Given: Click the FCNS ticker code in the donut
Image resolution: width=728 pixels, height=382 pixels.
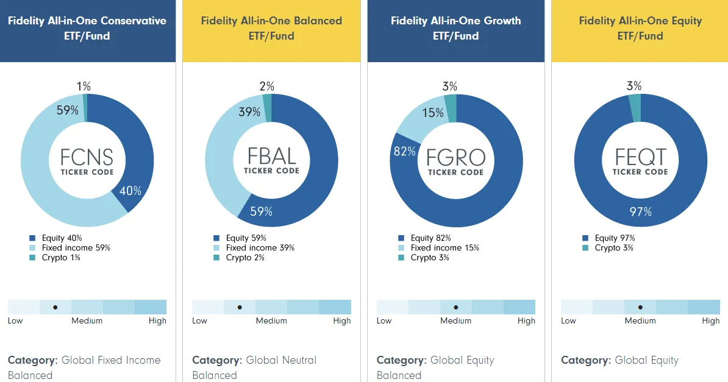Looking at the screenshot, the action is click(87, 157).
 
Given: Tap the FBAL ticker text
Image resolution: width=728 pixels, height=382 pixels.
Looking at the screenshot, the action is click(271, 157).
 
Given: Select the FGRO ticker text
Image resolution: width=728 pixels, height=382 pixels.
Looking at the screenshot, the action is click(456, 158).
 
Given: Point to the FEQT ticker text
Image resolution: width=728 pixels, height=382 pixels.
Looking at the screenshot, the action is click(640, 157).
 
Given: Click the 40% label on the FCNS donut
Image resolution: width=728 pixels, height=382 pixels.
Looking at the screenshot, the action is click(130, 191).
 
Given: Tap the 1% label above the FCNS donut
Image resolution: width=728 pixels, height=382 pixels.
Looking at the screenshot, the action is click(84, 87).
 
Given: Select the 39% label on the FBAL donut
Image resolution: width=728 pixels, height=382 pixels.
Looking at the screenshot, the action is click(249, 112).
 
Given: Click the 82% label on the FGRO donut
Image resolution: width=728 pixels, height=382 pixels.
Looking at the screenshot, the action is click(404, 151).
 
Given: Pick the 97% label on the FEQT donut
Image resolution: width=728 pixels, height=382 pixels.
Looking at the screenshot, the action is click(641, 212).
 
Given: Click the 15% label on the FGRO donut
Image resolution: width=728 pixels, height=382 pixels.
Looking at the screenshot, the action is click(433, 113).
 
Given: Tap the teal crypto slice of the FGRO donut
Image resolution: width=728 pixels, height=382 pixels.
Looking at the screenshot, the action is click(451, 108).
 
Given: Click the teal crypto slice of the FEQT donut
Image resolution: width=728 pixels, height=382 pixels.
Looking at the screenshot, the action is click(635, 108).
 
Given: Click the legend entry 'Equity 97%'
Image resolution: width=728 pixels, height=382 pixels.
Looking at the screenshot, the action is click(608, 238).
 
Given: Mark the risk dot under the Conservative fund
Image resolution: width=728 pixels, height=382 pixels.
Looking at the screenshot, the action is click(55, 307).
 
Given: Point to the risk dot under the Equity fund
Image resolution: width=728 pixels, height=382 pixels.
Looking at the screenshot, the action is click(640, 307).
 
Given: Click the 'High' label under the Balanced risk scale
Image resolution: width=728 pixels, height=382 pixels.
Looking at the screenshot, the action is click(342, 320).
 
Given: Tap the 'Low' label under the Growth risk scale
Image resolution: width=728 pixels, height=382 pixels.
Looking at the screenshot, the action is click(384, 320).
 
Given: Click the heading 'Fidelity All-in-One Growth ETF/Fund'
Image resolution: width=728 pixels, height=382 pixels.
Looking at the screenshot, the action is click(456, 28).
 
